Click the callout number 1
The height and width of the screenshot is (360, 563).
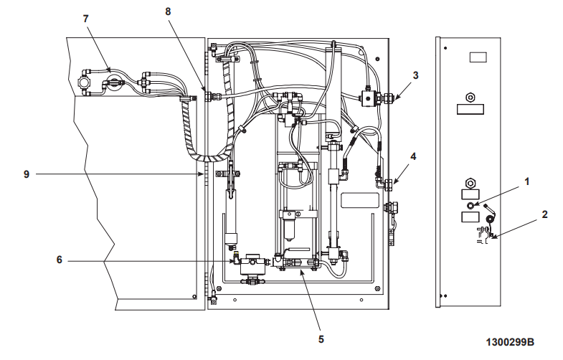coord(527,181)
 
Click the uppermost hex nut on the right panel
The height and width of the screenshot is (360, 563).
coord(470,96)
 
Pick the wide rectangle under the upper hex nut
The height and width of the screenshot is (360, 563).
coord(470,110)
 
